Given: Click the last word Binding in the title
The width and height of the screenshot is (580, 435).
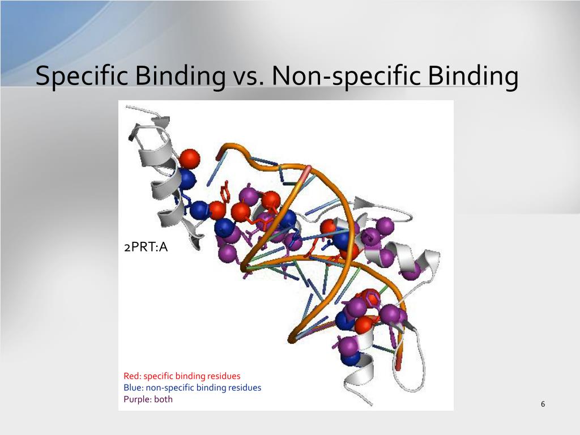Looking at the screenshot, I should pyautogui.click(x=473, y=76).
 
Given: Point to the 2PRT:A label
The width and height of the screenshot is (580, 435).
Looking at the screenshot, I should pyautogui.click(x=146, y=247).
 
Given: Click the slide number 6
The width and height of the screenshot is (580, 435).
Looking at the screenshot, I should pyautogui.click(x=543, y=404).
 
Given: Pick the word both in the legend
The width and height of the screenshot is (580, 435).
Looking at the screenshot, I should pyautogui.click(x=163, y=399).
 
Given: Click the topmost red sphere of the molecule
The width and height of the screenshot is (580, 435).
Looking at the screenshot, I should pyautogui.click(x=190, y=158).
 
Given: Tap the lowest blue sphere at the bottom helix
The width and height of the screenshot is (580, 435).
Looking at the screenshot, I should pyautogui.click(x=352, y=358).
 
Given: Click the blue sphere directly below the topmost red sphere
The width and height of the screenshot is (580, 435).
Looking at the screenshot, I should pyautogui.click(x=186, y=178).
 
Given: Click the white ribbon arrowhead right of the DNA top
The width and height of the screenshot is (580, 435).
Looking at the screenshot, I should pyautogui.click(x=362, y=202).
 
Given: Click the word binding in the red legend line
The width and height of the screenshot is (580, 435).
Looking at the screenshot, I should pyautogui.click(x=191, y=376).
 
